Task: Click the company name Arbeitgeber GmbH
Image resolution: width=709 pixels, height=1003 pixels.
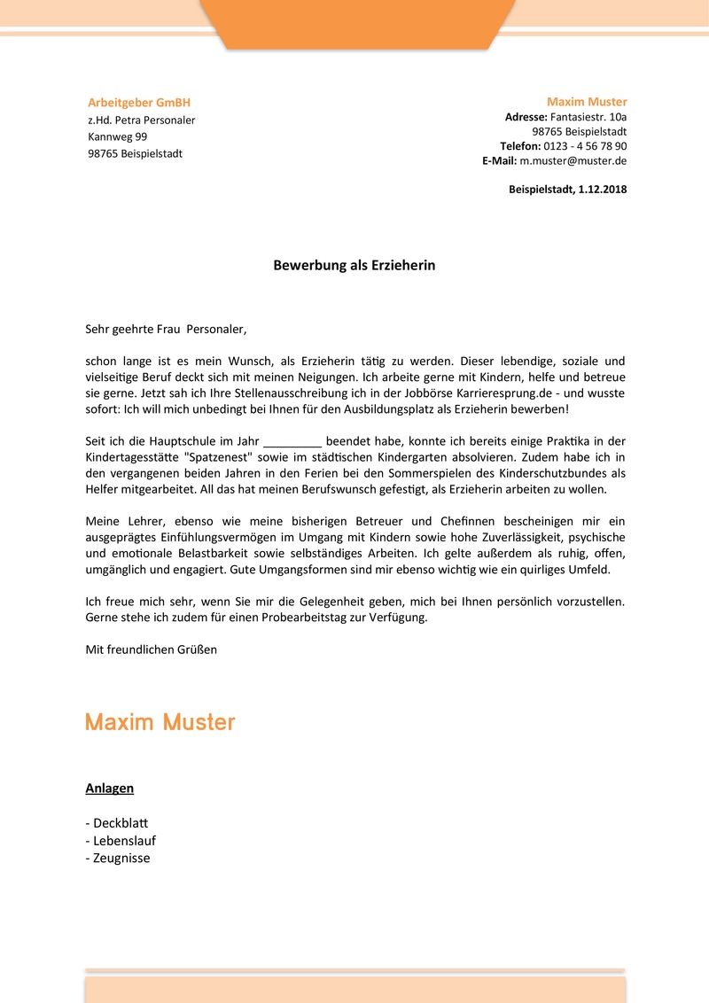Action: [x=139, y=103]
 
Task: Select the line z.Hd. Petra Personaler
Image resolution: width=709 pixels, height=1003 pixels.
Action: [x=142, y=120]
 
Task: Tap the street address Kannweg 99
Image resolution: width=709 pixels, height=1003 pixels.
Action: [x=118, y=136]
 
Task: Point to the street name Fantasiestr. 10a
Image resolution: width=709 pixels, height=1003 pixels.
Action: [x=588, y=117]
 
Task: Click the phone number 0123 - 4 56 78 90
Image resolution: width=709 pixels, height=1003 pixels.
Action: [x=585, y=146]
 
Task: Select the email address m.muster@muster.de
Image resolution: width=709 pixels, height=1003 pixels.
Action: [x=573, y=161]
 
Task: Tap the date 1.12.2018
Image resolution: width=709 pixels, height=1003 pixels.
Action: [x=602, y=190]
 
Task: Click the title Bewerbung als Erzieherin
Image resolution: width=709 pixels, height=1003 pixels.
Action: [x=354, y=265]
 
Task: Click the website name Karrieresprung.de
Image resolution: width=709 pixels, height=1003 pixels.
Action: [x=508, y=393]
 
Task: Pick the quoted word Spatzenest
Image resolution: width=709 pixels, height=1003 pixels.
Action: [x=219, y=457]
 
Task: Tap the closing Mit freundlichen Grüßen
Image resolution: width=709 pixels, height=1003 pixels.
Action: [x=152, y=649]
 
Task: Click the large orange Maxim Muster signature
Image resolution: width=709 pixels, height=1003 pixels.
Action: [x=160, y=722]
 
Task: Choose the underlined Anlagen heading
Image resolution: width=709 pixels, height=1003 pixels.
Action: [x=110, y=788]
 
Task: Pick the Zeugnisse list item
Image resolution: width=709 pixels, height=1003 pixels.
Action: [x=121, y=858]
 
